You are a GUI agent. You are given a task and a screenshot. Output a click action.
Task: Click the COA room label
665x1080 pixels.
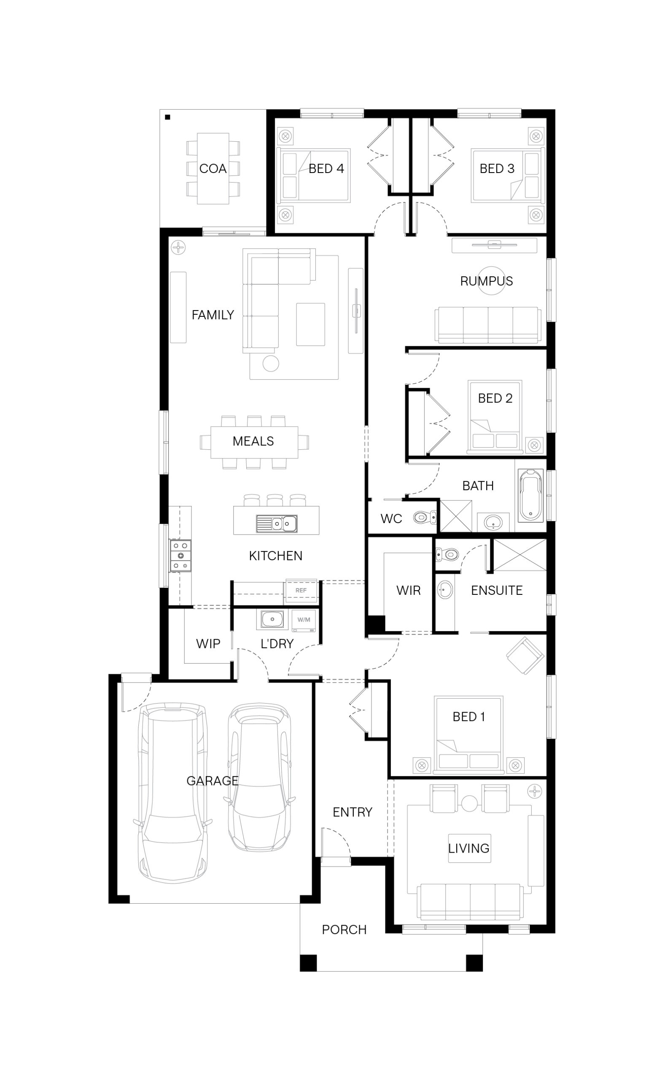[213, 168]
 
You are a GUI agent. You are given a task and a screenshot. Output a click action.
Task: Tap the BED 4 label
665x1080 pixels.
[326, 168]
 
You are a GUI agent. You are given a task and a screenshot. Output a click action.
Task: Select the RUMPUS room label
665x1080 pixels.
[487, 281]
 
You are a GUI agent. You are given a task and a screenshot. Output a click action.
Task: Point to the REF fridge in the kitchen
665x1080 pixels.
[301, 590]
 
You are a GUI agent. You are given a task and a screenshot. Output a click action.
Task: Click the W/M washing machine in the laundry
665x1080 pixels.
[304, 620]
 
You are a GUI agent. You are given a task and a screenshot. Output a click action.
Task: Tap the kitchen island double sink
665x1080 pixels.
[277, 524]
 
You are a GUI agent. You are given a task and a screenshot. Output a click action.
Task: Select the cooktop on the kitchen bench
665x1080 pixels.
[181, 556]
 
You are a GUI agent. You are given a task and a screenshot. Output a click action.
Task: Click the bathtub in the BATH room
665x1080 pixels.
[530, 496]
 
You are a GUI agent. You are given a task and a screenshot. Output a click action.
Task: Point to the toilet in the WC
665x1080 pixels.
[425, 517]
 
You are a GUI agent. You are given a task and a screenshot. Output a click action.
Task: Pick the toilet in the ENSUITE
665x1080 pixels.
[447, 554]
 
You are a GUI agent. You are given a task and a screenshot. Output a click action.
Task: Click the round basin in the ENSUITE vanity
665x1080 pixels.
[445, 590]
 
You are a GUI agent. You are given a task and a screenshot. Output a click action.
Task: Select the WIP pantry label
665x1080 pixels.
[208, 644]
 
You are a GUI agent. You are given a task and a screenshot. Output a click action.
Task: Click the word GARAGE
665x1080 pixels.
[213, 781]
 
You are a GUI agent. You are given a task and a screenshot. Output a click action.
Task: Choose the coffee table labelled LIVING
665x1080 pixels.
[469, 848]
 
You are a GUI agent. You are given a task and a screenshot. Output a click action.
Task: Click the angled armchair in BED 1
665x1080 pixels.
[525, 656]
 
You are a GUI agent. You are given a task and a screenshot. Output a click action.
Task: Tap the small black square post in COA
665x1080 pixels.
[167, 117]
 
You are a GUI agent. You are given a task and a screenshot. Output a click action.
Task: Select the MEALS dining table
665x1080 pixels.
[254, 442]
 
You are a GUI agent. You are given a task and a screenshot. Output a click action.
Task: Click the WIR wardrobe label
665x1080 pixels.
[408, 590]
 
